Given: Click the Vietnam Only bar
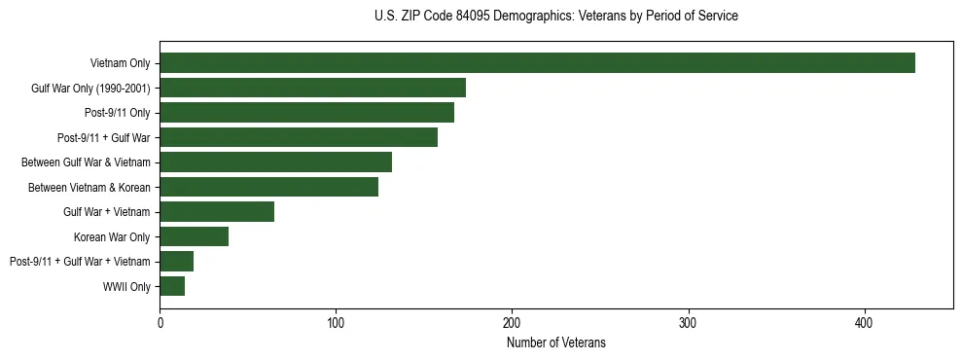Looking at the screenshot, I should [537, 63].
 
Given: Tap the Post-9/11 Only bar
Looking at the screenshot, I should [306, 113].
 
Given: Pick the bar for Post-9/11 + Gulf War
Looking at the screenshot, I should [299, 137].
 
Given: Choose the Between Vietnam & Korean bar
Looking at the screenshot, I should [268, 187].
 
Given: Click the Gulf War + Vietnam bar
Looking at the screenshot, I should [217, 211].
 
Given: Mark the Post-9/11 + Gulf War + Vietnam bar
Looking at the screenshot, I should [176, 261].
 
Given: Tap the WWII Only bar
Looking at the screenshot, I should [172, 286].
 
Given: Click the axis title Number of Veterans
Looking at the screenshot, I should [555, 342].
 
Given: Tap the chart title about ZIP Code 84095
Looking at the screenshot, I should [555, 17].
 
